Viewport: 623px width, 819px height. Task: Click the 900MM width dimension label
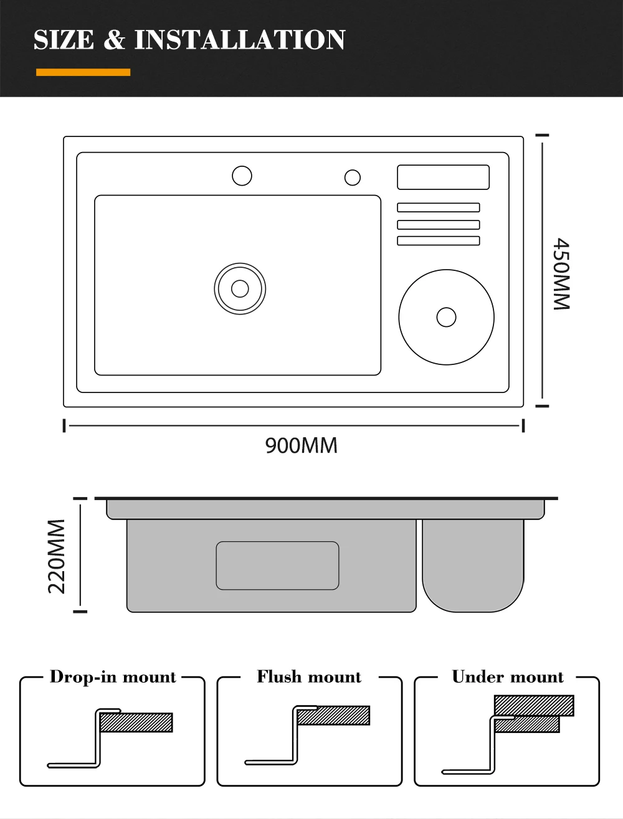[x=302, y=445]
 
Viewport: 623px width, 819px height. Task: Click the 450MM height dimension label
[x=561, y=274]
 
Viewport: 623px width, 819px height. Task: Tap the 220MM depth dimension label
[x=57, y=556]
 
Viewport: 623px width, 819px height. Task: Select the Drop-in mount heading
[x=113, y=677]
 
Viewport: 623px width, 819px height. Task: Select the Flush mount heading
[x=309, y=677]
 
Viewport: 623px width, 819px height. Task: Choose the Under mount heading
[x=508, y=677]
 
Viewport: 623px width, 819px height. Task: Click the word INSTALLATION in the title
[x=240, y=40]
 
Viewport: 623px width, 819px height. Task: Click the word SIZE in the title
[x=64, y=40]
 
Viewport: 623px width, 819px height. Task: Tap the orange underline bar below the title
[x=83, y=72]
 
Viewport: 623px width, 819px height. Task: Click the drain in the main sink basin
[x=240, y=288]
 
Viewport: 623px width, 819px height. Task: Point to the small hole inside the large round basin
[x=446, y=317]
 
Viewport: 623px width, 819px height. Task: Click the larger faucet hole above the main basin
[x=242, y=176]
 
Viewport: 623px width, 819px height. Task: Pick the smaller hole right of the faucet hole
[x=353, y=178]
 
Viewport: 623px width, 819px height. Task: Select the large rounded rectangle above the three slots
[x=443, y=178]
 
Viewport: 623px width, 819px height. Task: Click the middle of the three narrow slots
[x=439, y=225]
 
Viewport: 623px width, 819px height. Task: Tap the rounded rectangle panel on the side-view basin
[x=278, y=566]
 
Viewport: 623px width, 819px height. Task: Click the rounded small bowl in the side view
[x=473, y=566]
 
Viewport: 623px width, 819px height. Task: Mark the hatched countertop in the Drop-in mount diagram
[x=136, y=722]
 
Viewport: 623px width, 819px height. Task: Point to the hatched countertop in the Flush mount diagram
[x=333, y=715]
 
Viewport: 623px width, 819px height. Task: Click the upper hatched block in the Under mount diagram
[x=534, y=705]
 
